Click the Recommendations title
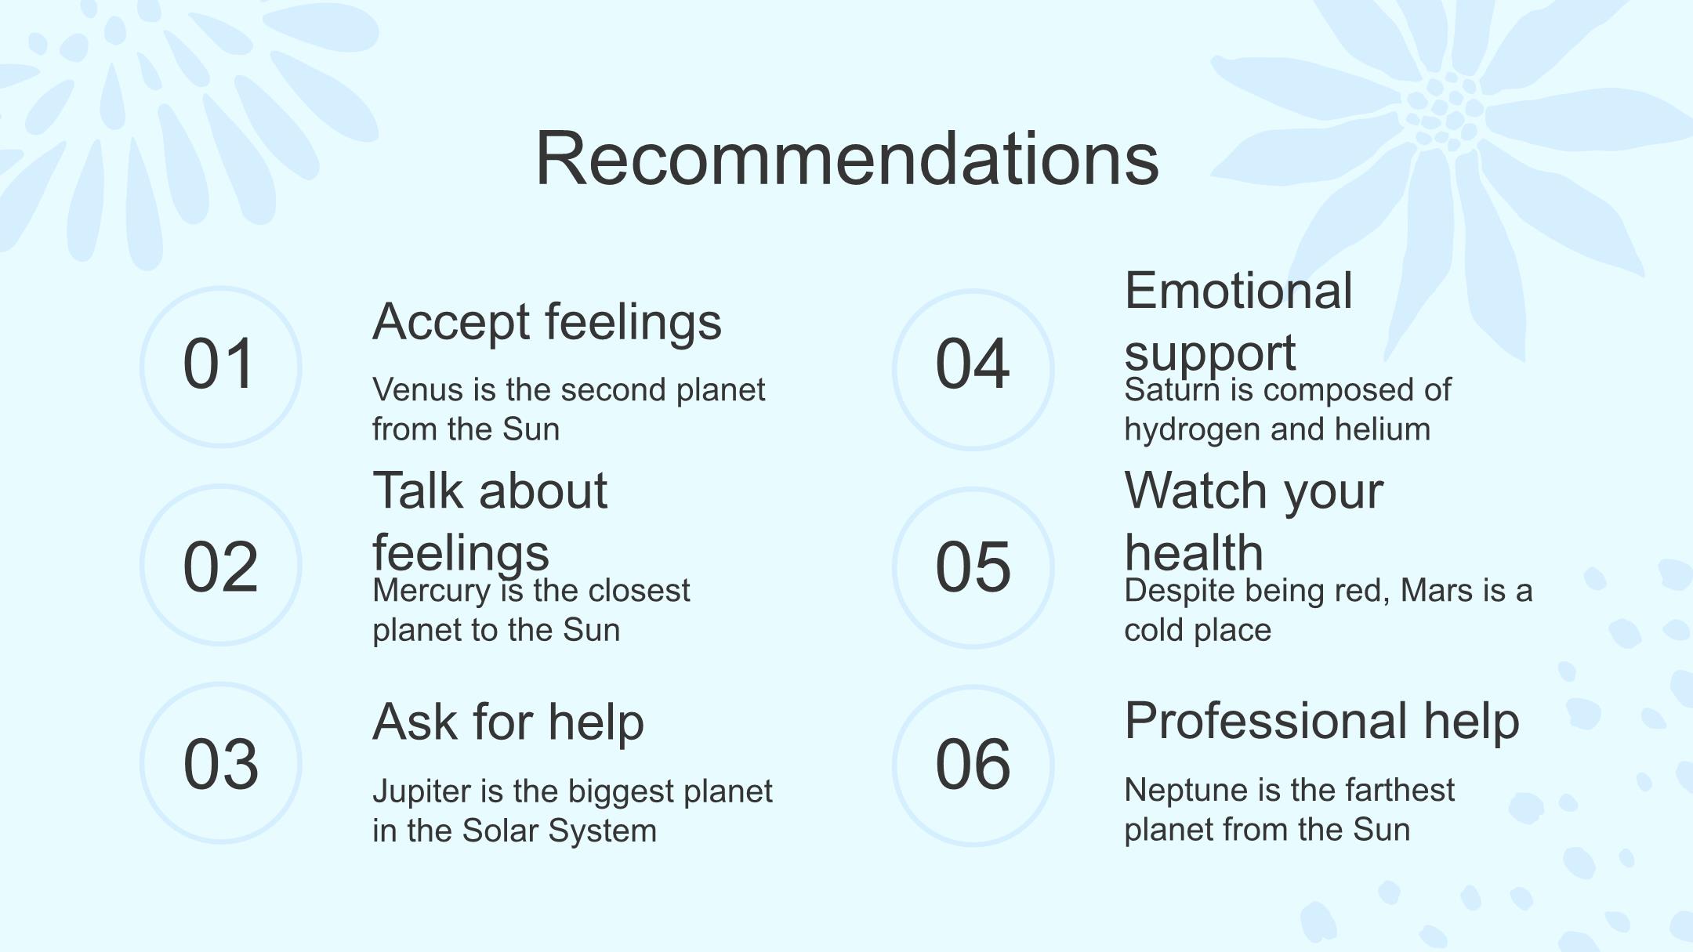point(846,158)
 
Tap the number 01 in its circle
point(219,364)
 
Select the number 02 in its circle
point(220,566)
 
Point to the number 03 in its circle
point(220,764)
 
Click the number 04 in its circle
point(973,364)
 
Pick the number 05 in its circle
point(973,566)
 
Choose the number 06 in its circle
point(973,764)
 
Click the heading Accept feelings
point(547,323)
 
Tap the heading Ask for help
point(508,722)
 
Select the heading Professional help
point(1321,722)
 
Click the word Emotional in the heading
point(1238,291)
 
